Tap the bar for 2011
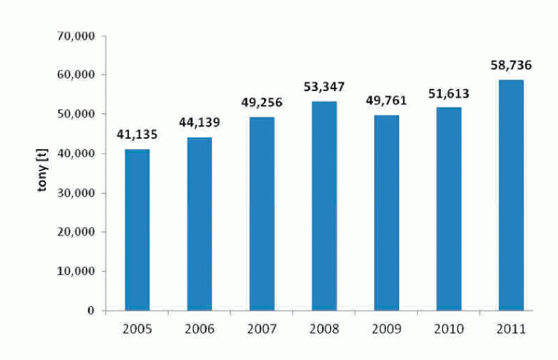point(511,195)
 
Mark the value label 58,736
point(511,65)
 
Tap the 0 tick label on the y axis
point(91,311)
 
